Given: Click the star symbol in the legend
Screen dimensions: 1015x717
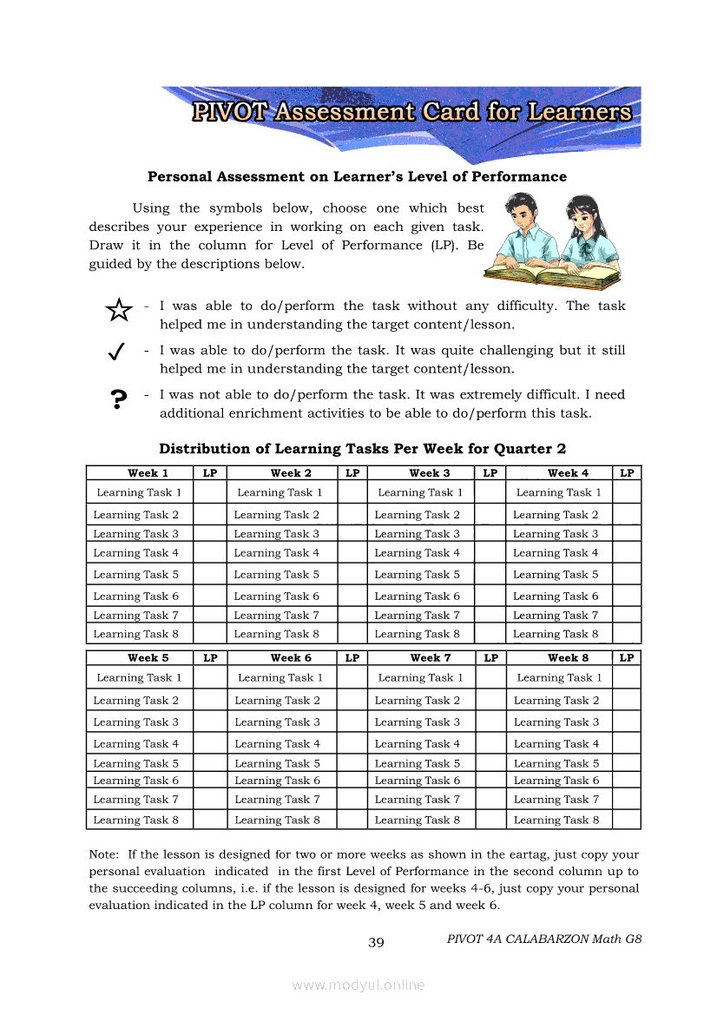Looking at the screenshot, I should click(x=118, y=310).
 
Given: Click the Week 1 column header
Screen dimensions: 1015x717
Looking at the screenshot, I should click(x=148, y=473).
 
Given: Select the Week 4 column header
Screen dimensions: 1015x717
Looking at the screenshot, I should click(x=568, y=473).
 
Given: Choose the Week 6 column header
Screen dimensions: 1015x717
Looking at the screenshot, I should click(x=291, y=658).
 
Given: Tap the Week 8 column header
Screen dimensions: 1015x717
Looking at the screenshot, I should click(x=568, y=658).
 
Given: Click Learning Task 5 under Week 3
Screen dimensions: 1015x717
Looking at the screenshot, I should click(x=417, y=575).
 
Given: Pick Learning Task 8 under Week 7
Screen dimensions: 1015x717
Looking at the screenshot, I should click(x=417, y=820).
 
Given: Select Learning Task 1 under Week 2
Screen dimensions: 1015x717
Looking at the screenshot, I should click(x=280, y=492).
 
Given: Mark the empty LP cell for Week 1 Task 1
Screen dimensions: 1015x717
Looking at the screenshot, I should click(x=209, y=492).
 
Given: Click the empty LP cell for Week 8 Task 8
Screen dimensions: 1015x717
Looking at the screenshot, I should click(x=627, y=820).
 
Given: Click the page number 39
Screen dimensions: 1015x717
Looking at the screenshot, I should click(x=376, y=943).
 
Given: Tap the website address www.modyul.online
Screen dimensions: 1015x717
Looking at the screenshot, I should click(x=358, y=985).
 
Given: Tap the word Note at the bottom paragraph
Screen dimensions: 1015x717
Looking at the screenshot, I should click(x=104, y=854).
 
